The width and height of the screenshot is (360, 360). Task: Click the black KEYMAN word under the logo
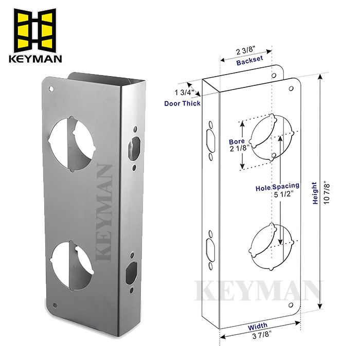coord(35,58)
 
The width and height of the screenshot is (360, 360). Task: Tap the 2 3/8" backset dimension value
coord(246,51)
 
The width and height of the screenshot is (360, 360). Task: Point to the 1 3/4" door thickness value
coord(184,93)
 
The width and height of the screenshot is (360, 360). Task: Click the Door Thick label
coord(183,103)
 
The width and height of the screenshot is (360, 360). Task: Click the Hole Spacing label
coord(278,189)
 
